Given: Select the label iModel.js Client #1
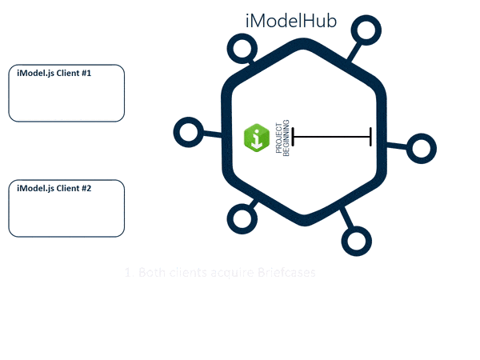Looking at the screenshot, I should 54,74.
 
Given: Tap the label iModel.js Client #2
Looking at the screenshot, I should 54,189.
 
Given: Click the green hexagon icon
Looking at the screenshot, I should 256,138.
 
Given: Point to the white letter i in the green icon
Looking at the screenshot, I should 256,138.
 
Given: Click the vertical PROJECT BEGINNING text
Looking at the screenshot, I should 282,138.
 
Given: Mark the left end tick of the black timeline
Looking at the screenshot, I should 294,137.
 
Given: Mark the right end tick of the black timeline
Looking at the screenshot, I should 370,137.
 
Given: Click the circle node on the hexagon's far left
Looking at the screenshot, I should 188,132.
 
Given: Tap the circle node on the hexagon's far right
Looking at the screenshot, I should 421,148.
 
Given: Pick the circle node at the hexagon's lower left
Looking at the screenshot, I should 241,217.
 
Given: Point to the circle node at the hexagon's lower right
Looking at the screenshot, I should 356,240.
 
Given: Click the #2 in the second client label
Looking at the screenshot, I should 86,189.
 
